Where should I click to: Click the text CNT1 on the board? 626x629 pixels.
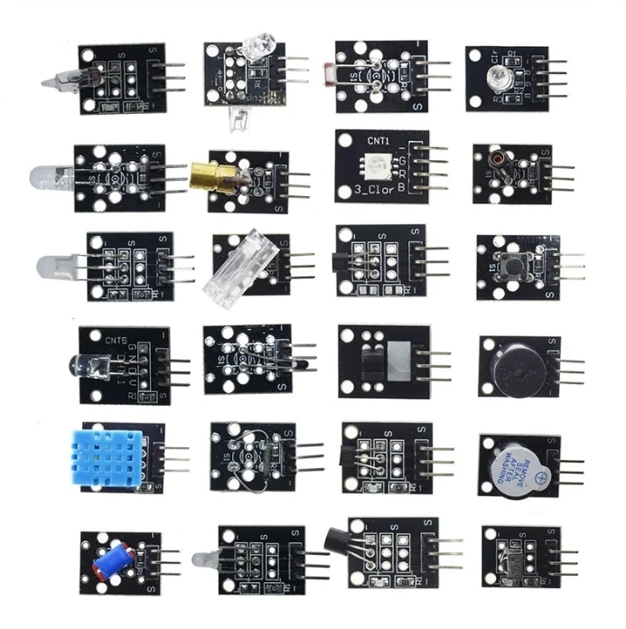(x=353, y=141)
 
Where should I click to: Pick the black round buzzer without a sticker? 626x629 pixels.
(x=504, y=366)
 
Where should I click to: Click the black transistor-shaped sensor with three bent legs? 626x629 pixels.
(x=343, y=540)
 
